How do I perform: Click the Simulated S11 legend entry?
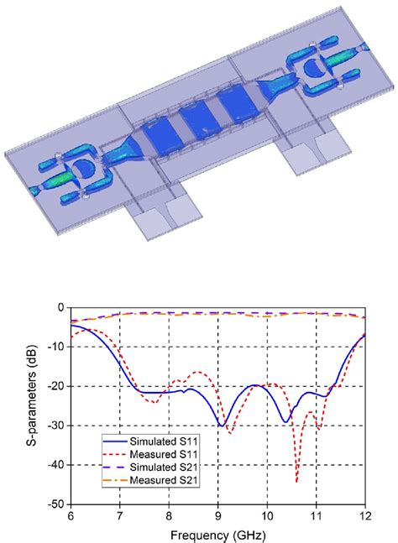[x=150, y=441]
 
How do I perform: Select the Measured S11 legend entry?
[x=150, y=454]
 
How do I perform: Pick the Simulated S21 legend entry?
[x=150, y=467]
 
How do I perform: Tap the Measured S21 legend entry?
[x=150, y=480]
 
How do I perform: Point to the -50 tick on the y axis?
[x=56, y=504]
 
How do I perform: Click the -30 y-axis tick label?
[x=56, y=426]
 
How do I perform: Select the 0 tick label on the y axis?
[x=61, y=307]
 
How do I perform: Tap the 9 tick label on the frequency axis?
[x=217, y=516]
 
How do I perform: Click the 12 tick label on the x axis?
[x=365, y=516]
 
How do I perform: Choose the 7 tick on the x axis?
[x=120, y=516]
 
